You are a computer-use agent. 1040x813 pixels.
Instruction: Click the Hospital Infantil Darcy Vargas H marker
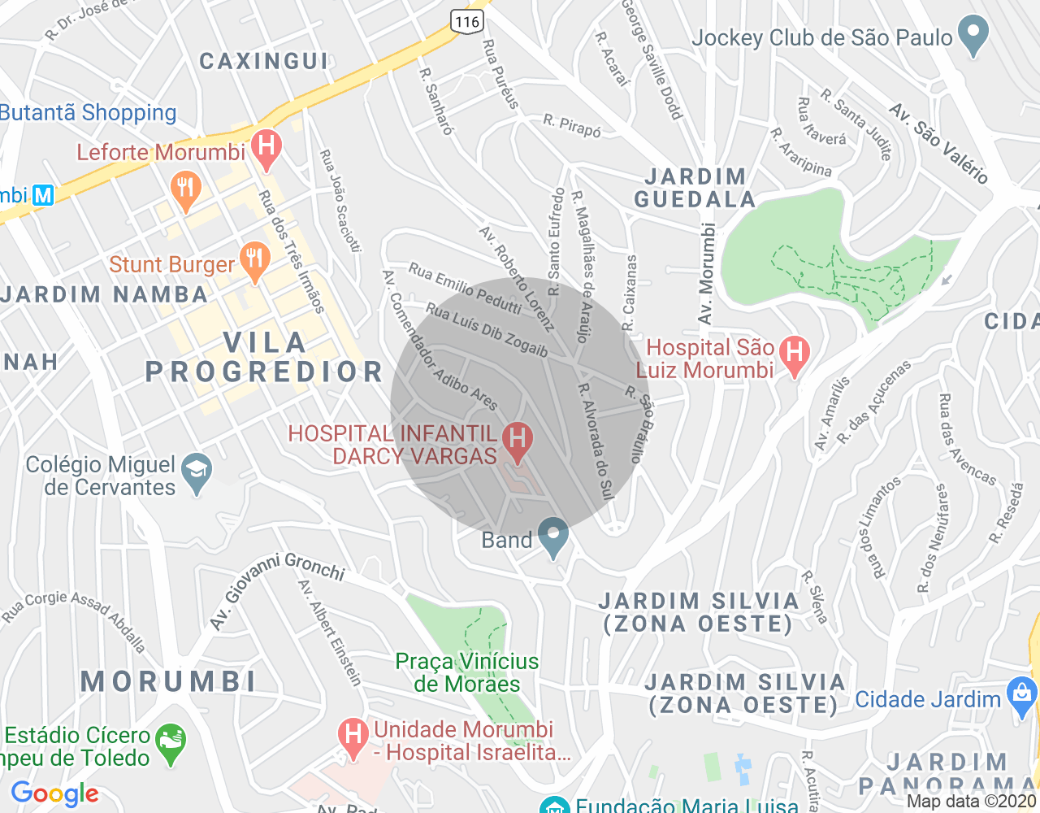point(518,439)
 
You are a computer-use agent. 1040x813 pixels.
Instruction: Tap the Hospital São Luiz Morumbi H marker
point(794,354)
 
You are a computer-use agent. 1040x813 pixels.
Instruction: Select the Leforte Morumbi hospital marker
point(266,147)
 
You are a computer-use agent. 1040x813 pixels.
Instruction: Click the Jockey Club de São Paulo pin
point(973,34)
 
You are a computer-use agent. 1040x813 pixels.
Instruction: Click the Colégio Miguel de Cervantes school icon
point(197,472)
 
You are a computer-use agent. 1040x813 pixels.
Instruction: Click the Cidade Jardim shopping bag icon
point(1021,697)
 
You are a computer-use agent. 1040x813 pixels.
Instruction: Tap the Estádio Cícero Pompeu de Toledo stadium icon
point(171,741)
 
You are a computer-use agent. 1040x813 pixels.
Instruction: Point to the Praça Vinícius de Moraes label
point(466,672)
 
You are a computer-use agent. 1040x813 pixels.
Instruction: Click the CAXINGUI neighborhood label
point(264,61)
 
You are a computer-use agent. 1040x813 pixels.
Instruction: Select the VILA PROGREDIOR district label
point(264,357)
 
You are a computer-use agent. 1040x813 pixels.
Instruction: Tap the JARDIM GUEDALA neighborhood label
point(695,188)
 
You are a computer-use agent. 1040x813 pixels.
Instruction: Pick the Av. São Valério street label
point(938,143)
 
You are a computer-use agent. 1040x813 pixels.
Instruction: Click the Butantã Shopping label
point(88,112)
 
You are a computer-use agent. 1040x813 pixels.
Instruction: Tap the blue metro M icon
point(42,195)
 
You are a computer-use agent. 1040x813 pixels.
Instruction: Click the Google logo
point(55,793)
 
